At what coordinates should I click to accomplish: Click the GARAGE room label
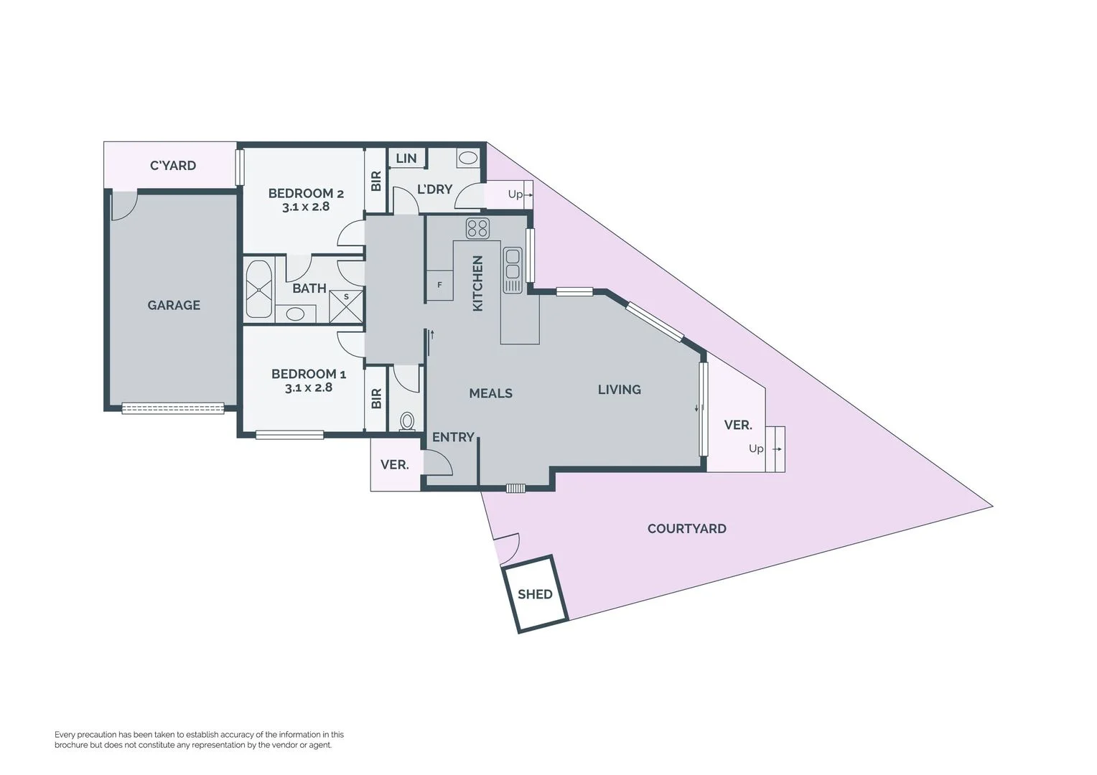click(174, 305)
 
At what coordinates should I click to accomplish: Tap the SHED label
click(535, 594)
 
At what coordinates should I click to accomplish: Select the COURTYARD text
click(686, 529)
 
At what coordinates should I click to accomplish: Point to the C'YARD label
click(172, 166)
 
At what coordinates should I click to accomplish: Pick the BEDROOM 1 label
click(309, 374)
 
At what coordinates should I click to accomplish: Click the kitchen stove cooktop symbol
click(477, 228)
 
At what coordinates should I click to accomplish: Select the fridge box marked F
click(439, 285)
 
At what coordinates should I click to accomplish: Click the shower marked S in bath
click(347, 306)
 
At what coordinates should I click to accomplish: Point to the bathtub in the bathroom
click(258, 289)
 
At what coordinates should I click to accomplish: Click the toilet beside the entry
click(407, 421)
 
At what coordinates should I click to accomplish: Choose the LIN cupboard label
click(406, 158)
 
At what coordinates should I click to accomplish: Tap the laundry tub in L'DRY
click(467, 159)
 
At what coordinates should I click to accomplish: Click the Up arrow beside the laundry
click(520, 194)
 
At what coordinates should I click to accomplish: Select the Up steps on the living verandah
click(774, 448)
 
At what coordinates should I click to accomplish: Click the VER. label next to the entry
click(394, 465)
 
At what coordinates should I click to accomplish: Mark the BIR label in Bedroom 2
click(376, 180)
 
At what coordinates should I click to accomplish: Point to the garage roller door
click(173, 408)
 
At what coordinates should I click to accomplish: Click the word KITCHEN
click(477, 283)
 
